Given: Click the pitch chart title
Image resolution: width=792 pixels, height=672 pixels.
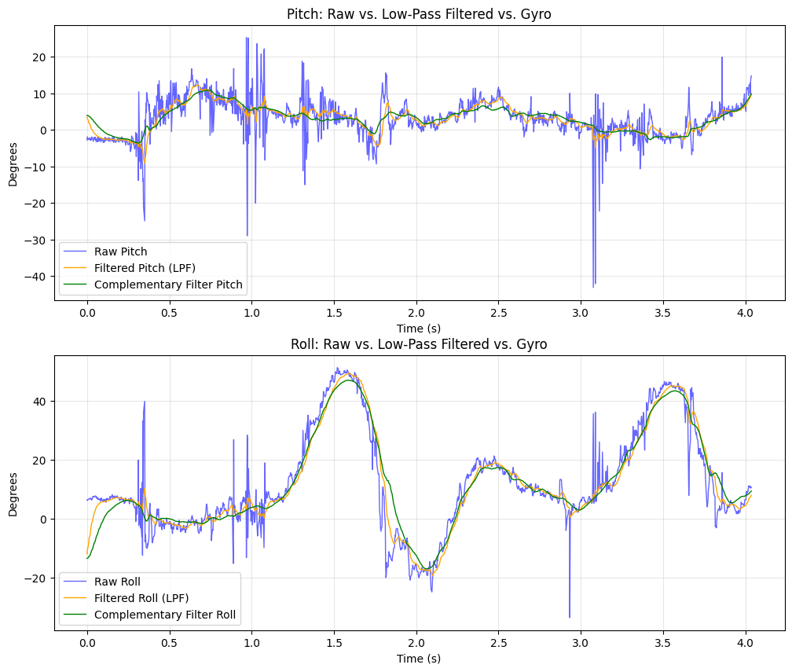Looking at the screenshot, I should [420, 13].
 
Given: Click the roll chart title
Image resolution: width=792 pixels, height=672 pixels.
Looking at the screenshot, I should [420, 344].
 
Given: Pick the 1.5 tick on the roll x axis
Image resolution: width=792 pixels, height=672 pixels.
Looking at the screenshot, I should [334, 643].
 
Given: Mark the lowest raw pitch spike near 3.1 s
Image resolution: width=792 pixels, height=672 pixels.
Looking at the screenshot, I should [593, 287].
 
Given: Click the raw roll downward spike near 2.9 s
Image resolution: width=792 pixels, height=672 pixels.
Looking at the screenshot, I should [569, 617].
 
